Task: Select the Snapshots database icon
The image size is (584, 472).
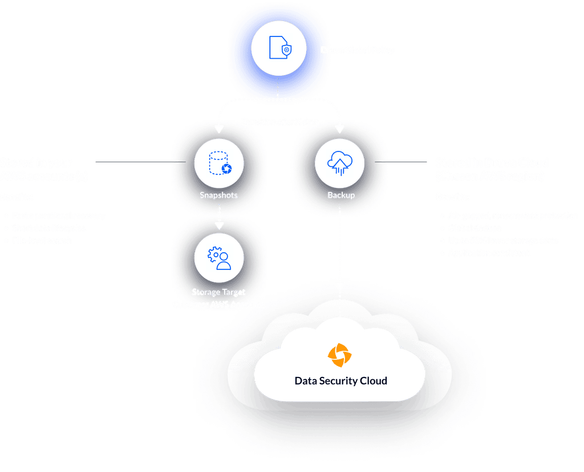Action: click(x=219, y=162)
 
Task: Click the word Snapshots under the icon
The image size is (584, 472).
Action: click(x=218, y=195)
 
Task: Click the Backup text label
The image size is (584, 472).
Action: click(x=341, y=195)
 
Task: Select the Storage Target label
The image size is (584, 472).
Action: click(x=218, y=292)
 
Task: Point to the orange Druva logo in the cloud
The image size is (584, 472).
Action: click(x=340, y=355)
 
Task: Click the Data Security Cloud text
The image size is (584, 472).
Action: click(x=340, y=381)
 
